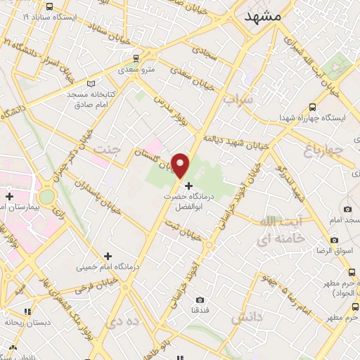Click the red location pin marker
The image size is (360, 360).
181,165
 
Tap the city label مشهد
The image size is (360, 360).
263,14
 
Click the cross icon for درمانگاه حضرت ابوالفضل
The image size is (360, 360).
188,185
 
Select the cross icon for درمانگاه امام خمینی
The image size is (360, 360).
107,257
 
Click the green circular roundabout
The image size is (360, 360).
47,197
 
